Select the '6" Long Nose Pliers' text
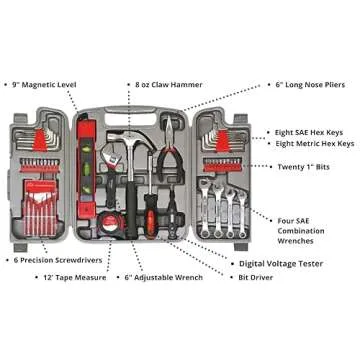coord(310,85)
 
